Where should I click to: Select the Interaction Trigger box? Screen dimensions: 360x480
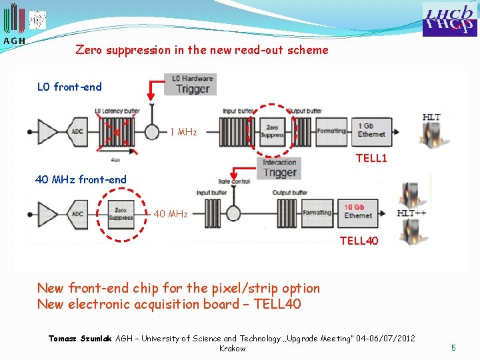point(279,167)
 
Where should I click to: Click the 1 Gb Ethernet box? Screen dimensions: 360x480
point(371,130)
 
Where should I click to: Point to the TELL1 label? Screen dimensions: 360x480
point(371,158)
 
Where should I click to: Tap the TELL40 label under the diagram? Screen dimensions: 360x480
point(359,241)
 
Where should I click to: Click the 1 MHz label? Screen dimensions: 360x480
point(183,132)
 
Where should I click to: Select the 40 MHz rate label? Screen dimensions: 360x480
point(171,214)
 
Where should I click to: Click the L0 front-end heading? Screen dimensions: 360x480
point(69,87)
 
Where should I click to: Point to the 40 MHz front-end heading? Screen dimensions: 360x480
point(81,179)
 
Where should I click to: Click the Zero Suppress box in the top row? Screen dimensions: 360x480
point(271,131)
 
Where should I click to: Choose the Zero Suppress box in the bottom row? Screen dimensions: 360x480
point(121,213)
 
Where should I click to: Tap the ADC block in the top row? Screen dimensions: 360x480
point(77,131)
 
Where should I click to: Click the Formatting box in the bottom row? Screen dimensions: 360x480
point(317,212)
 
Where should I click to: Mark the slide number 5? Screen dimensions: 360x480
point(453,347)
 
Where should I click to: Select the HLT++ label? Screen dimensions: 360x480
point(411,213)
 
